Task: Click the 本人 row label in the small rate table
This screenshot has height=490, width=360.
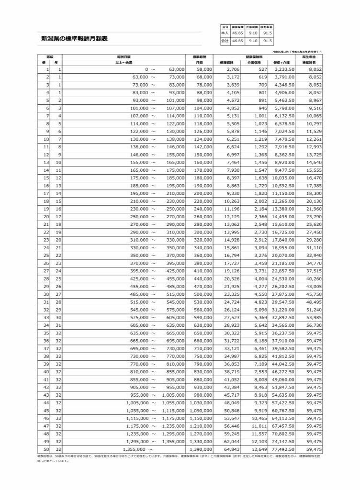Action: pos(225,33)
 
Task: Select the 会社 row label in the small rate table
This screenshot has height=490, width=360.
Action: pos(225,41)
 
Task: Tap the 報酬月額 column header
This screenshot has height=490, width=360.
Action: pos(124,56)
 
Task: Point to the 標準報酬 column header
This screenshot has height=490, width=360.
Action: pos(199,56)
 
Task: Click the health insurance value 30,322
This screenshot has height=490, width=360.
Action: pos(229,333)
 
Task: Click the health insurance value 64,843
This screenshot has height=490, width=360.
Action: pos(229,449)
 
